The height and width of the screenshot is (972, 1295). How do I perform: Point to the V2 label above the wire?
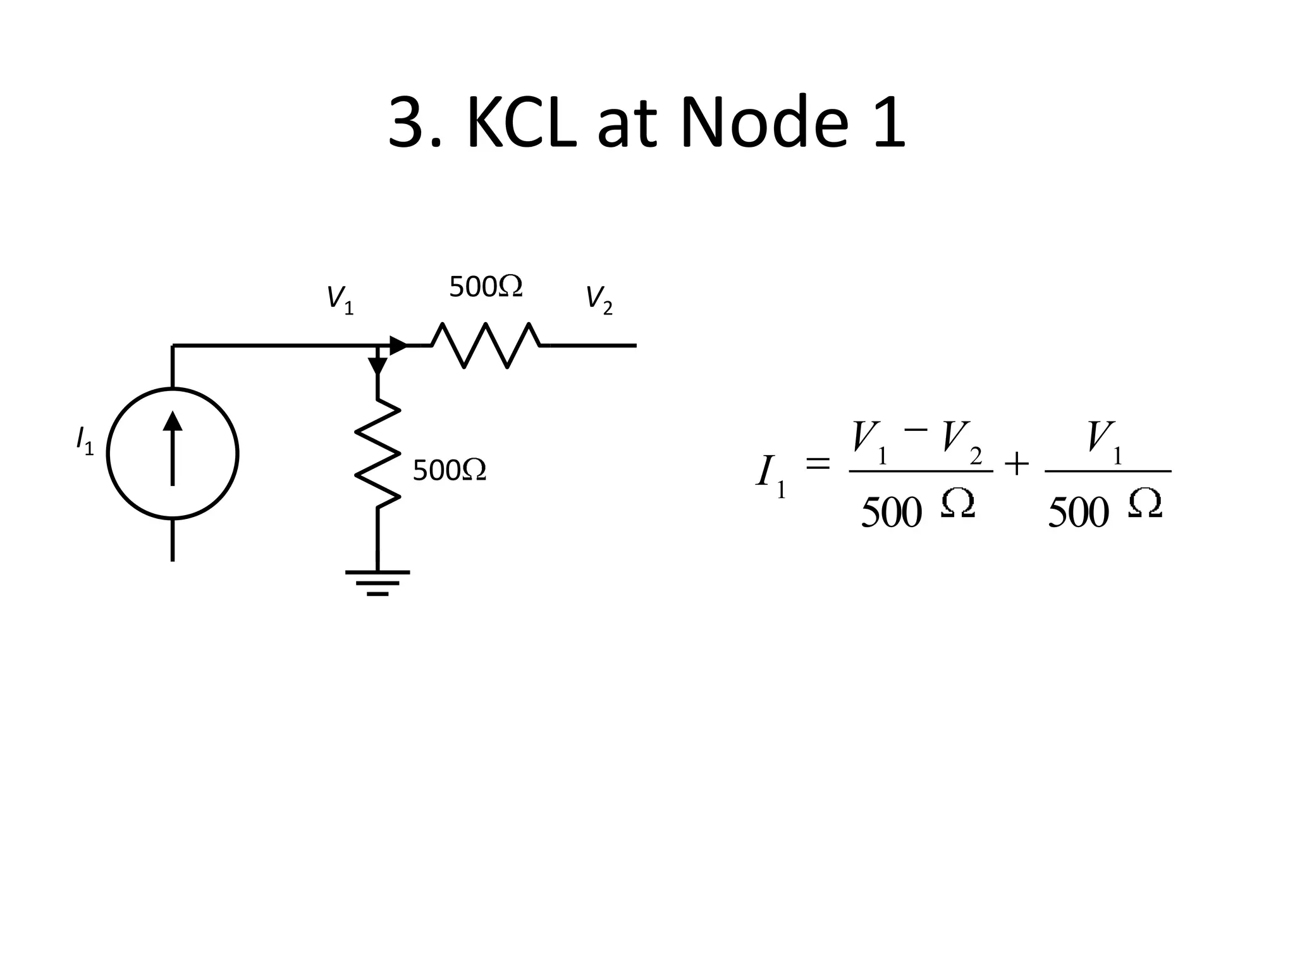pos(598,299)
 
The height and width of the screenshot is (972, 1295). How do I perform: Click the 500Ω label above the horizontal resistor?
pos(486,287)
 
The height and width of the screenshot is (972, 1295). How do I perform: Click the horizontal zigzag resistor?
pos(486,346)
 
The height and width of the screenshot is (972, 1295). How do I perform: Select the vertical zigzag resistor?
pos(377,453)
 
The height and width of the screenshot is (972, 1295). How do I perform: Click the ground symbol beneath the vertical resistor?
pos(377,582)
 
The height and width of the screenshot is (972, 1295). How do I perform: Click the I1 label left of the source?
pos(84,440)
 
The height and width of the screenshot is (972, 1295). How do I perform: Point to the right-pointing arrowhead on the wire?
pos(398,346)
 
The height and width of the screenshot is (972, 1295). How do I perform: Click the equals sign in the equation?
pos(818,464)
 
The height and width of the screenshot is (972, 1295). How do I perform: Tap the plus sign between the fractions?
pos(1016,464)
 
